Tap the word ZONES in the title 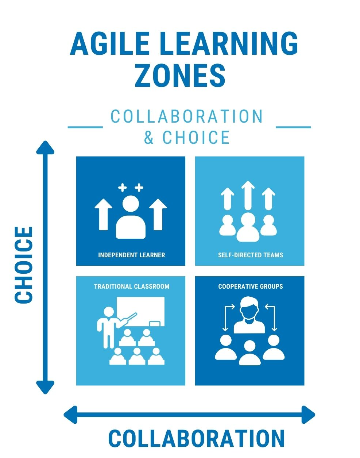[x=180, y=76]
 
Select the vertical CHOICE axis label [x=24, y=265]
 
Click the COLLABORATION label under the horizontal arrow [x=196, y=439]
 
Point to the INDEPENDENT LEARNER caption [x=131, y=255]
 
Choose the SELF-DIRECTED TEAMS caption [x=250, y=255]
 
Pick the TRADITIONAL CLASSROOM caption [x=132, y=286]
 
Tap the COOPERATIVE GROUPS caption [x=250, y=286]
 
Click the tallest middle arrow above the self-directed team [x=248, y=195]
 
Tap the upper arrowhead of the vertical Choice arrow [x=45, y=148]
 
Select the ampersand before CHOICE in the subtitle [x=149, y=138]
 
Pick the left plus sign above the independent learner [x=123, y=188]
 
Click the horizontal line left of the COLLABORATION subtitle [x=85, y=127]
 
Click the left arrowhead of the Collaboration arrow [x=71, y=415]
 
